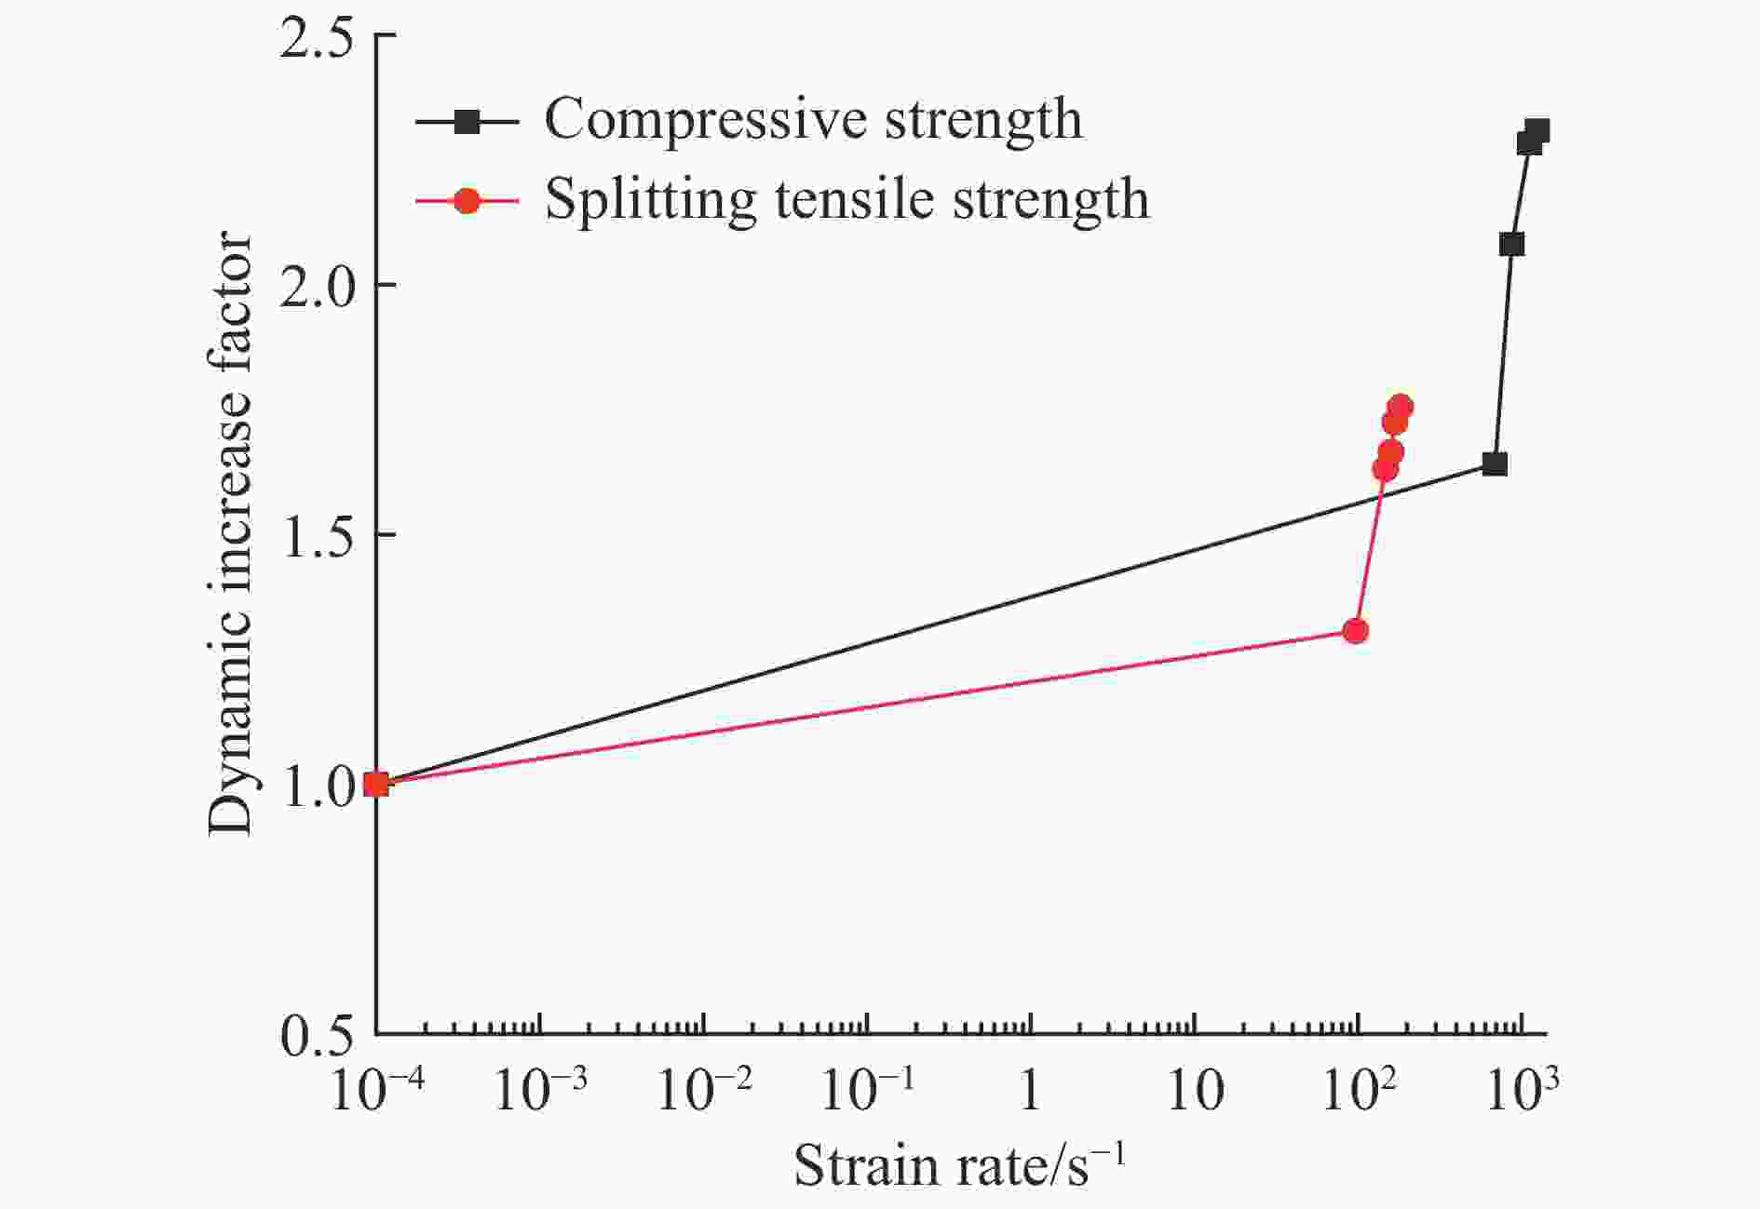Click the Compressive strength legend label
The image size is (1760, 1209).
(813, 119)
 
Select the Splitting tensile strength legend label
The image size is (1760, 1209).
(846, 198)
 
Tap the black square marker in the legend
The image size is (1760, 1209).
(467, 120)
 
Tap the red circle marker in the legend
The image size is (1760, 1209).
(467, 199)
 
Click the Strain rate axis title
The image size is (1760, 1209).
(959, 1163)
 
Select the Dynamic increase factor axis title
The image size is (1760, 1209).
(230, 534)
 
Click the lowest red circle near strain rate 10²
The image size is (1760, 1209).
(1356, 631)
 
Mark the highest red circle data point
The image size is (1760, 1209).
(1400, 407)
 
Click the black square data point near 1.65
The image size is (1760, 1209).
(1495, 463)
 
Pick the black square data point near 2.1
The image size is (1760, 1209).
(1511, 244)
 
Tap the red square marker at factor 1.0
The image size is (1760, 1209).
(376, 784)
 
